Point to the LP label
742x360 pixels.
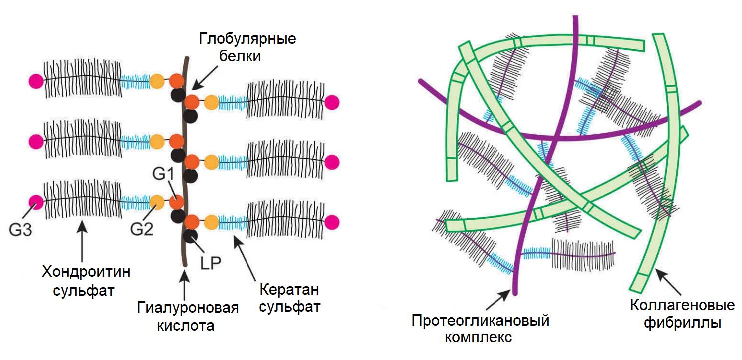(211, 263)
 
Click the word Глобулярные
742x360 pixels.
(247, 38)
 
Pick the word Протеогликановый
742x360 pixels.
(480, 320)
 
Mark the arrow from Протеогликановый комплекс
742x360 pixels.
(497, 300)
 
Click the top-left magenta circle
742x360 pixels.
(36, 80)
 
